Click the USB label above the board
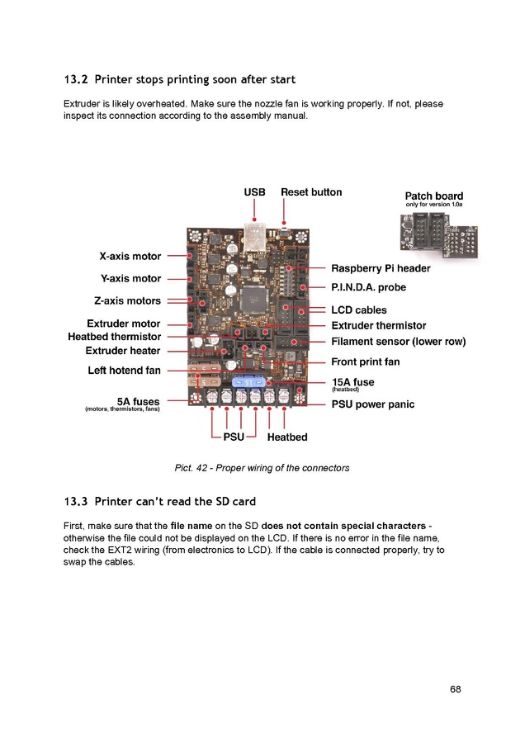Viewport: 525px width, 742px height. coord(254,192)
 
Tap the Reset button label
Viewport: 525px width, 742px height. coord(311,192)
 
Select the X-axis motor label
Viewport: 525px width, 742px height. coord(130,256)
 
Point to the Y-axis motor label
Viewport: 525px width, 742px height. coord(130,278)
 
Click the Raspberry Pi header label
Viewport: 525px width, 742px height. coord(381,268)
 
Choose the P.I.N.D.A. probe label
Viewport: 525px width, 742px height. coord(368,287)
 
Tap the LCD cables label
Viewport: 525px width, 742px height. coord(359,310)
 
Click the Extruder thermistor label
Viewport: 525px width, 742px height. coord(379,325)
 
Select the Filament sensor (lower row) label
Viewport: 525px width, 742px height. coord(399,341)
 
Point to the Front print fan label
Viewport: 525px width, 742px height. coord(366,362)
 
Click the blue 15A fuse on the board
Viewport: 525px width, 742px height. coord(248,382)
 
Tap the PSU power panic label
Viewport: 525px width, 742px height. coord(372,404)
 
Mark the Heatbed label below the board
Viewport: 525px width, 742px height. coord(287,437)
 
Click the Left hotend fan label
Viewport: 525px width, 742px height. coord(124,370)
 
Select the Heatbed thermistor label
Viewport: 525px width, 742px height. coord(115,337)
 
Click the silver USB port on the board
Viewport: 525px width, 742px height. coord(255,236)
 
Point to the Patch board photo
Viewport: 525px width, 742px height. coord(439,235)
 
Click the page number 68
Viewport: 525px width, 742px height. coord(456,689)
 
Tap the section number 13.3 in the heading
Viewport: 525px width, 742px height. coord(76,502)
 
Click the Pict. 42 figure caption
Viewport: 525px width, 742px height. coord(262,468)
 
